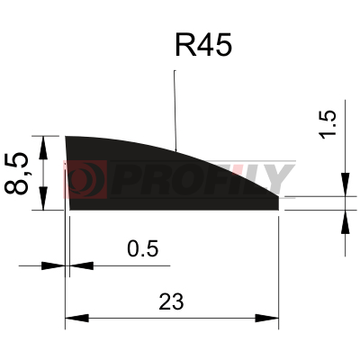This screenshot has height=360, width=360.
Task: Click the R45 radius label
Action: coord(203,45)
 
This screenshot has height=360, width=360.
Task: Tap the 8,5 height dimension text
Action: coord(16,174)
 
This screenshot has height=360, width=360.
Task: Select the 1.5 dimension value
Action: coord(328,125)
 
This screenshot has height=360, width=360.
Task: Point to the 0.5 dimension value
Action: coord(142,248)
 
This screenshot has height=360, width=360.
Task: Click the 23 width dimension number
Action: coord(171,301)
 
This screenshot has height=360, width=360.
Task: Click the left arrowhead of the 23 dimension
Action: coord(77,318)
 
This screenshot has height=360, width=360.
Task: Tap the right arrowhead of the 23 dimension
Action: coord(266,318)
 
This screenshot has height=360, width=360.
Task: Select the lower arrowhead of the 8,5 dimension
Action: coord(43,198)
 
